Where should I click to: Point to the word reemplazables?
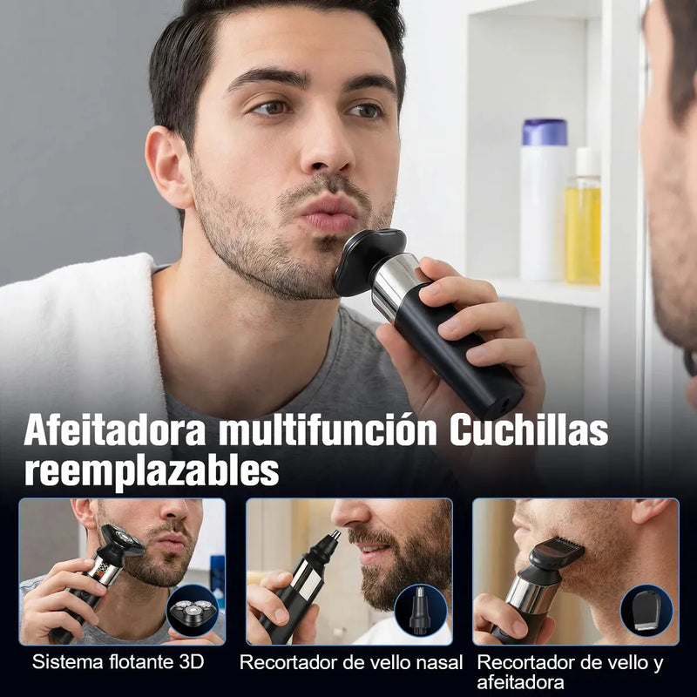coord(152,471)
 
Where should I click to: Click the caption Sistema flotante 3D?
coord(118,661)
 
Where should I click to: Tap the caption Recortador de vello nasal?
coord(351,662)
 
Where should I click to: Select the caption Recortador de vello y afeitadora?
coord(570,672)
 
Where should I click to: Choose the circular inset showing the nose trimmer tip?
coord(420,609)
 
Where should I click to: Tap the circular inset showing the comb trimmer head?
coord(647,609)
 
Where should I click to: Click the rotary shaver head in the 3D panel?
coord(122,542)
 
